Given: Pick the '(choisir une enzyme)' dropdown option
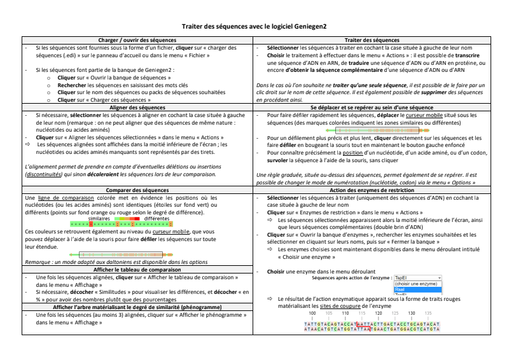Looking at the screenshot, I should (416, 284).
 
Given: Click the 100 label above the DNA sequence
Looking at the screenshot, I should (312, 313).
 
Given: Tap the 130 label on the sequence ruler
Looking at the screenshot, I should (412, 313).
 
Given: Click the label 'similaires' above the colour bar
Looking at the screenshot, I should (99, 219).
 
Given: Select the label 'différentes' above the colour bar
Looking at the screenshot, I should (157, 219).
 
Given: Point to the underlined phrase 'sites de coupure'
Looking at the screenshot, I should (393, 306).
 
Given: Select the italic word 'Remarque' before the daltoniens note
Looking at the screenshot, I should (37, 261).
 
